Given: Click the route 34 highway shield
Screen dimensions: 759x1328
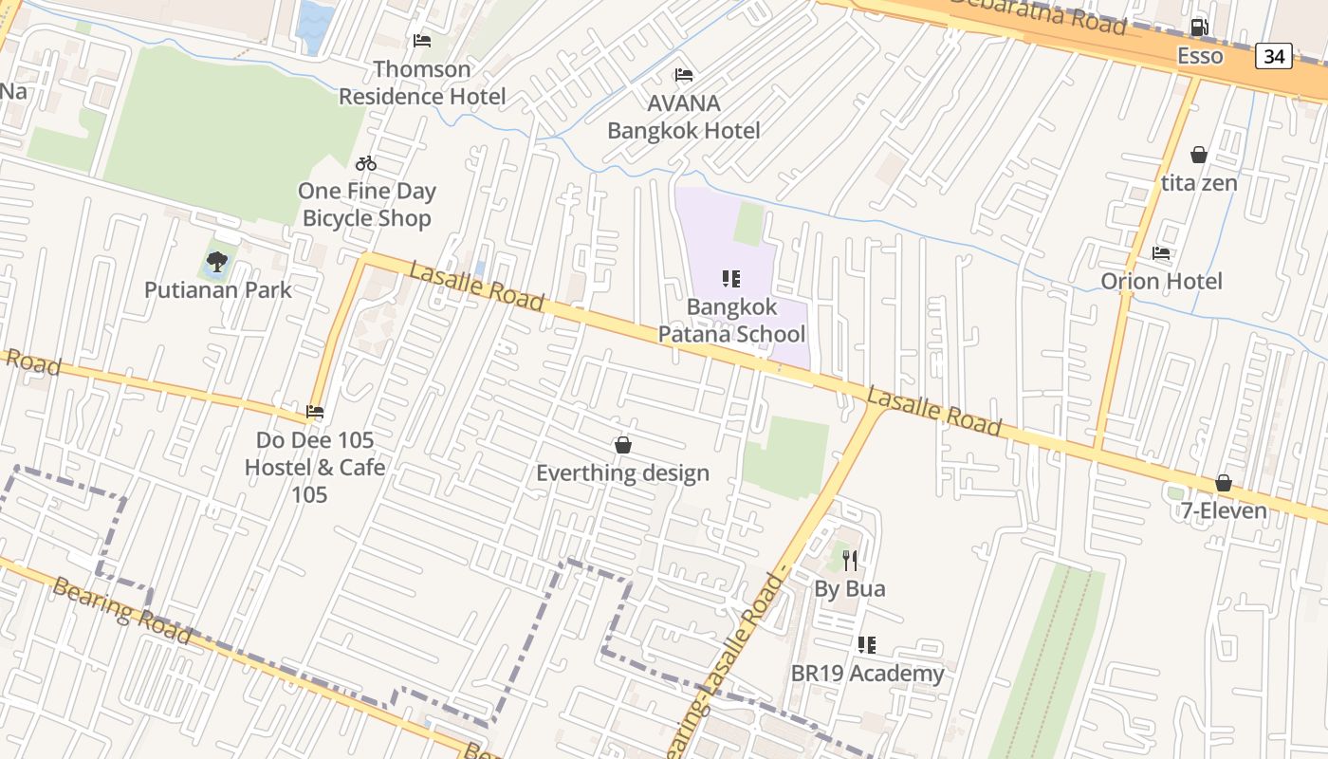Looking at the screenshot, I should (1273, 56).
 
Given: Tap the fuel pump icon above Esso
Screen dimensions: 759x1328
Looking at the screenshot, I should (1199, 28).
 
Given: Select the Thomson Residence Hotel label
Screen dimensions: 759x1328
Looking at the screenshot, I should (422, 83).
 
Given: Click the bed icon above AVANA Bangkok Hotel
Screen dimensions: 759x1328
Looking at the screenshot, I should (683, 75).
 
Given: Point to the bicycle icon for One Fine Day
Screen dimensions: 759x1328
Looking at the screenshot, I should (366, 163).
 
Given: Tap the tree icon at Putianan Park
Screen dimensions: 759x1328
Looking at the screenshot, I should (217, 261).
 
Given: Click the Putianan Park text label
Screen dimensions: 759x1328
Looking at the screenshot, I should (218, 289).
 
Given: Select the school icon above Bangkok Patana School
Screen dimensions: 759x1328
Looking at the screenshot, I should (730, 279).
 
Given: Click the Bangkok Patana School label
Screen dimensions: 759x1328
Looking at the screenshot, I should (731, 321).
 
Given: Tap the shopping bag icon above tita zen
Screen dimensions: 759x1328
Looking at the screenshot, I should (1199, 155).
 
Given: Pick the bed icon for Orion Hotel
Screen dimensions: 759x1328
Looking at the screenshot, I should (1161, 253).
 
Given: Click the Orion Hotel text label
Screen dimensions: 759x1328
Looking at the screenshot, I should (1161, 281).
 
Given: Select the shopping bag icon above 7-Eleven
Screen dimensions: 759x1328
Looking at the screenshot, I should (1224, 483).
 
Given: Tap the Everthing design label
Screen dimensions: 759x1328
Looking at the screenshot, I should (622, 472).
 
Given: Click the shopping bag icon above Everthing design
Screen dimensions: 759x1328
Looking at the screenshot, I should (623, 445).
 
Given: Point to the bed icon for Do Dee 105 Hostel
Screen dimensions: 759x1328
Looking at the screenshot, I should (315, 412).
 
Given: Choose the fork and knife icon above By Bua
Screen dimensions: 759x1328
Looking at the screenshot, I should (850, 561).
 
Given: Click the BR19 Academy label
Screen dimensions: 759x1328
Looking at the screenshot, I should (867, 674).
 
